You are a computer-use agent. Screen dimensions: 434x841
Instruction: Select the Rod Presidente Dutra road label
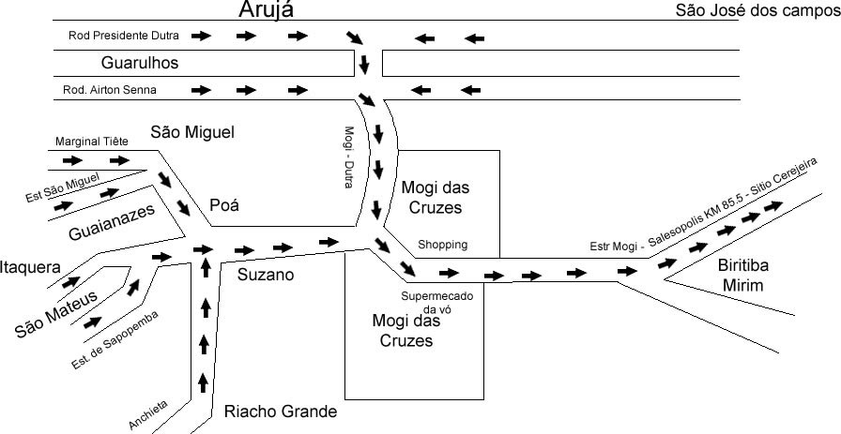[x=122, y=36]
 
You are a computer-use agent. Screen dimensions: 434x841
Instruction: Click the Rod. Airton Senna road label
[x=110, y=90]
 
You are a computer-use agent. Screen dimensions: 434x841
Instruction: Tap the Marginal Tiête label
[x=91, y=142]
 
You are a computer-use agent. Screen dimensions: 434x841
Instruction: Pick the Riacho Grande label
[x=280, y=411]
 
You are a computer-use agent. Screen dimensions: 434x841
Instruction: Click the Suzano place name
[x=266, y=276]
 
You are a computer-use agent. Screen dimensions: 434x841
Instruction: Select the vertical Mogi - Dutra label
[x=348, y=157]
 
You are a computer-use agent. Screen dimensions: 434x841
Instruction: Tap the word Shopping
[x=443, y=245]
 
